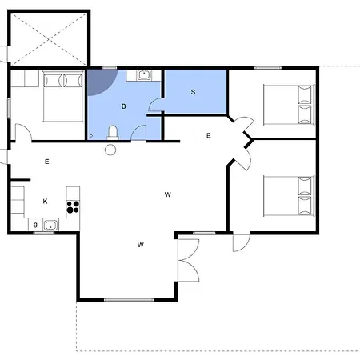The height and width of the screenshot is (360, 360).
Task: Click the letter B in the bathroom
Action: coord(123,106)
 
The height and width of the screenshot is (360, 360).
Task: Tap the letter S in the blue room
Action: coord(193,92)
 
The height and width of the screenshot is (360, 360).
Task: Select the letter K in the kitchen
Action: coord(45,201)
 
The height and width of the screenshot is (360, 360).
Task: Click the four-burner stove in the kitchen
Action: coord(73,207)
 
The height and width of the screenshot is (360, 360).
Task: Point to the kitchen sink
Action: coord(50,226)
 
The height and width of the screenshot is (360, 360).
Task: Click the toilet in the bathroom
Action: coord(113,133)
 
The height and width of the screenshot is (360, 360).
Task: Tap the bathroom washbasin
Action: coord(144,75)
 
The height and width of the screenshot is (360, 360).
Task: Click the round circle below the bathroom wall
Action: coord(110,150)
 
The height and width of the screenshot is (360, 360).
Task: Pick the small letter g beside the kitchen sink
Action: coord(35,225)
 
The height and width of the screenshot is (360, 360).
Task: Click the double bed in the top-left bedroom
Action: coord(63,96)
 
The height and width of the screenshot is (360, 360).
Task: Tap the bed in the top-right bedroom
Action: coord(290,105)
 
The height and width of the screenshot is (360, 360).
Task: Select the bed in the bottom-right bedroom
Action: coord(290,196)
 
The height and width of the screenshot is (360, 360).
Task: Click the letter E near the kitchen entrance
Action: coord(47,162)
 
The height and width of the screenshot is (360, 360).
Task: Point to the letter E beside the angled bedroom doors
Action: coord(209,136)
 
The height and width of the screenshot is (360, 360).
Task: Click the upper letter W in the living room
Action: coord(168,194)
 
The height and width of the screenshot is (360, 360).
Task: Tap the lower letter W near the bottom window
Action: coord(141,245)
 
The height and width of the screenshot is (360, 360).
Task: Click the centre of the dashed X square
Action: coord(50,39)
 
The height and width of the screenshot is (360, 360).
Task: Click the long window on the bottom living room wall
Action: coord(129,300)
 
